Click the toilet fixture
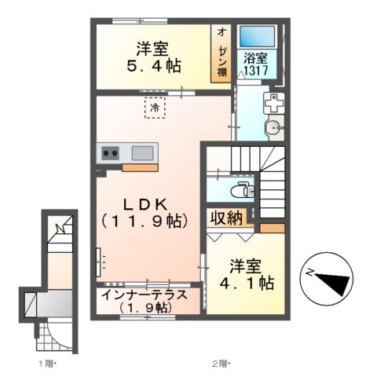243,190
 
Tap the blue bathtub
257,36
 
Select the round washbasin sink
273,128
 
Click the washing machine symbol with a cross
273,103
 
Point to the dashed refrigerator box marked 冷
155,108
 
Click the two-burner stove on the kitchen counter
110,153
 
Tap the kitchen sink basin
142,153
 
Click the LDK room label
145,205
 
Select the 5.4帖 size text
154,65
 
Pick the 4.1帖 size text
247,283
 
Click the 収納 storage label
226,218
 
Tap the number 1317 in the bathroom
256,70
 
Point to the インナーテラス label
145,295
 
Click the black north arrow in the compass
335,283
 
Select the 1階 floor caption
48,364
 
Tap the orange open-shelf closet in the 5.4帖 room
221,53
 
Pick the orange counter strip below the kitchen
140,168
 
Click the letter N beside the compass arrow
310,273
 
